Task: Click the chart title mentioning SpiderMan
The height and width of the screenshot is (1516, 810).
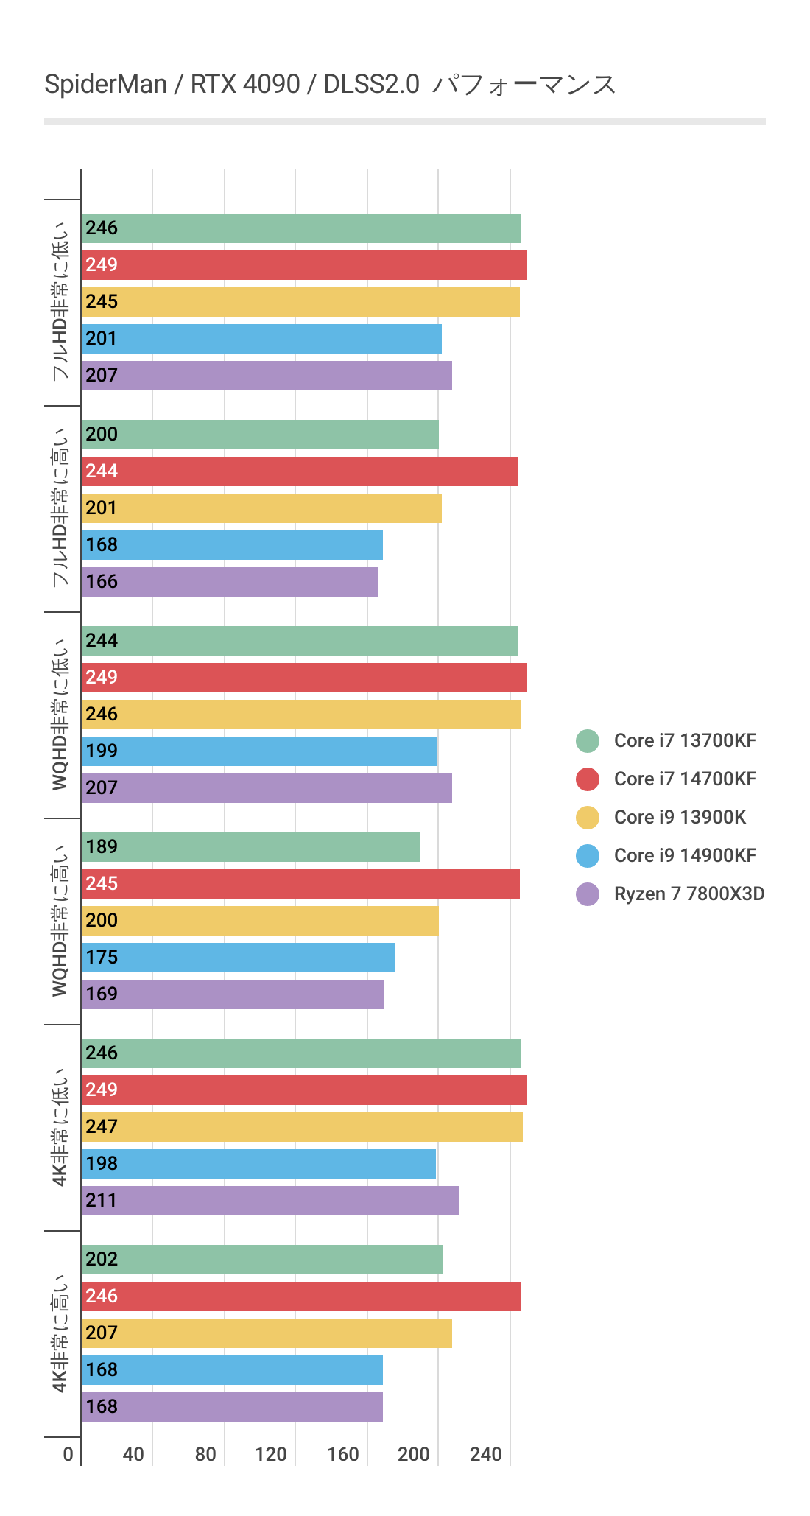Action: tap(330, 85)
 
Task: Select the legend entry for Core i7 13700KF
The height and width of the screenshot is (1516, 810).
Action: tap(685, 740)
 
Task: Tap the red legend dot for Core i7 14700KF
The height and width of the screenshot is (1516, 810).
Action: tap(588, 779)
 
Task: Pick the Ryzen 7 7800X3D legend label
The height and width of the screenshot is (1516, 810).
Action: tap(689, 894)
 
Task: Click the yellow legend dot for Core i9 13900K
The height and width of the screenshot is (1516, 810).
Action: tap(588, 817)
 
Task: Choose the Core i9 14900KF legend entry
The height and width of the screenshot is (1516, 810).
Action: tap(685, 855)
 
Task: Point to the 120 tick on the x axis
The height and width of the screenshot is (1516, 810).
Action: tap(271, 1454)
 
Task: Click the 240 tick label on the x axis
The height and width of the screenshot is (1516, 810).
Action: tap(486, 1454)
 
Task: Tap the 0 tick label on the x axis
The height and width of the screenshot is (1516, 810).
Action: tap(68, 1454)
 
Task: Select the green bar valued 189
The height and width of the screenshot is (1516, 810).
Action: tap(250, 847)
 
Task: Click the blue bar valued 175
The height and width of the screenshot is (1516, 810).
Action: tap(238, 958)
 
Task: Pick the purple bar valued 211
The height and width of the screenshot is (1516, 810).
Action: tap(270, 1201)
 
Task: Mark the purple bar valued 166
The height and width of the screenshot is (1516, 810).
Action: tap(230, 582)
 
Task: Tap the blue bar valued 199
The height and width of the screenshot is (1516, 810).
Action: tap(259, 751)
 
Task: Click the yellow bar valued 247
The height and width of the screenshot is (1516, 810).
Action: tap(302, 1127)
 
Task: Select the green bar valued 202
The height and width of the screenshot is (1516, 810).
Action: tap(262, 1260)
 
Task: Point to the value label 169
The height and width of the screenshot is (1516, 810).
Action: tap(102, 994)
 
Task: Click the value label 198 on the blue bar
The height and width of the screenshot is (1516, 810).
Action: tap(102, 1164)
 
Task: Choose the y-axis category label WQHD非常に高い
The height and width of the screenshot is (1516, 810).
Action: tap(60, 921)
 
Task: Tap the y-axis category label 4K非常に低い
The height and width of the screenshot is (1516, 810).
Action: tap(60, 1127)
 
